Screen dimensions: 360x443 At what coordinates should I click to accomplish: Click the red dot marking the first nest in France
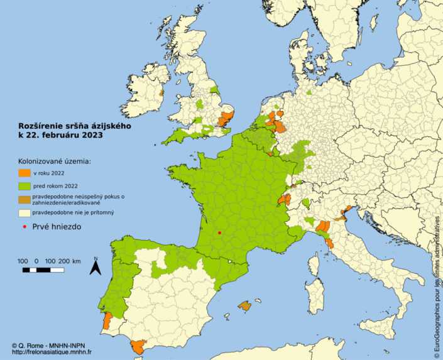tap(219, 232)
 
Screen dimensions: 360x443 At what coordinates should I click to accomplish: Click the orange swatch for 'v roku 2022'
tap(23, 172)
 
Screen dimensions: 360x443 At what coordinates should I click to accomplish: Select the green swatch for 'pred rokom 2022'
tap(23, 186)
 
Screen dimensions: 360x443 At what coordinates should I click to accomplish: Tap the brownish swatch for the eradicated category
tap(23, 200)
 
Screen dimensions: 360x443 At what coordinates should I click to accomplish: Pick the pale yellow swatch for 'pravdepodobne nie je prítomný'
tap(23, 214)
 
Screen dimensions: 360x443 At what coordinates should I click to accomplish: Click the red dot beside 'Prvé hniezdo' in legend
tap(24, 227)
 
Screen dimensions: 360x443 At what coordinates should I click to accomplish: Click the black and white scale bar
tap(43, 270)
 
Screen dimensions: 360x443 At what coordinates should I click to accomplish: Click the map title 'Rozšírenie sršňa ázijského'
tap(74, 126)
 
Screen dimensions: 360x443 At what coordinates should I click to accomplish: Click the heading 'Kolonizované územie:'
tap(54, 161)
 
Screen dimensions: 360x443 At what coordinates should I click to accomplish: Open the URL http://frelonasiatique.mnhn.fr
tap(52, 352)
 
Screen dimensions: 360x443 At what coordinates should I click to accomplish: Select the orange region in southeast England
tap(226, 117)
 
